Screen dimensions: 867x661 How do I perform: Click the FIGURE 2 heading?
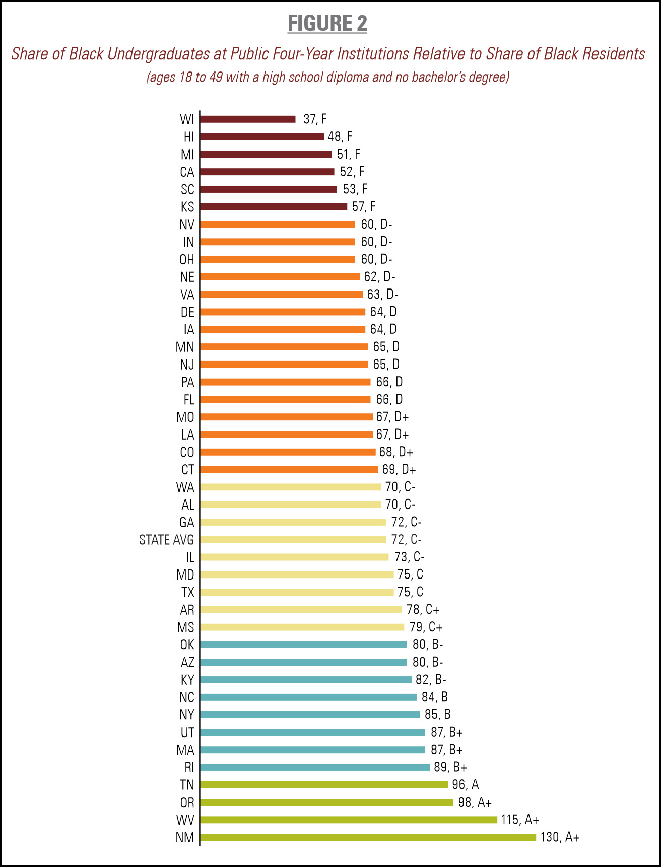pyautogui.click(x=327, y=24)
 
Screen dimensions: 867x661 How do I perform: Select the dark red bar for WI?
pyautogui.click(x=247, y=119)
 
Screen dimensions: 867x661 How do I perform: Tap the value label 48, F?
pyautogui.click(x=340, y=137)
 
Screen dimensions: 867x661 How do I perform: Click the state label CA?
pyautogui.click(x=187, y=172)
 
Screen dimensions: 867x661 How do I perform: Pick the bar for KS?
pyautogui.click(x=274, y=207)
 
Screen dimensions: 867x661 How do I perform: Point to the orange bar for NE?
pyautogui.click(x=280, y=277)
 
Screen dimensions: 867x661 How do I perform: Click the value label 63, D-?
pyautogui.click(x=382, y=295)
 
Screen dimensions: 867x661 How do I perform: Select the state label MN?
pyautogui.click(x=185, y=347)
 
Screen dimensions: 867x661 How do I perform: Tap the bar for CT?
pyautogui.click(x=289, y=470)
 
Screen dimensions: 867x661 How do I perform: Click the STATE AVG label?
pyautogui.click(x=166, y=540)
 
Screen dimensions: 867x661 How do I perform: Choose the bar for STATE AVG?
pyautogui.click(x=293, y=540)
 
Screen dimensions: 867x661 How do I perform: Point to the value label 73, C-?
pyautogui.click(x=409, y=557)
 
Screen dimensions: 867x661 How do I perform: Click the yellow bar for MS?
pyautogui.click(x=302, y=627)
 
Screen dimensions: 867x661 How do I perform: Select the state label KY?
pyautogui.click(x=187, y=680)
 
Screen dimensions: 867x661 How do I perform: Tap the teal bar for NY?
pyautogui.click(x=310, y=715)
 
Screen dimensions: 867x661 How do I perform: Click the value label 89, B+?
pyautogui.click(x=450, y=767)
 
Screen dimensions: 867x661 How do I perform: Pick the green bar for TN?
pyautogui.click(x=324, y=785)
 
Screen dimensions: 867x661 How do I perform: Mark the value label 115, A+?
pyautogui.click(x=520, y=820)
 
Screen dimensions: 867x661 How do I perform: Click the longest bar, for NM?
pyautogui.click(x=368, y=837)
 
